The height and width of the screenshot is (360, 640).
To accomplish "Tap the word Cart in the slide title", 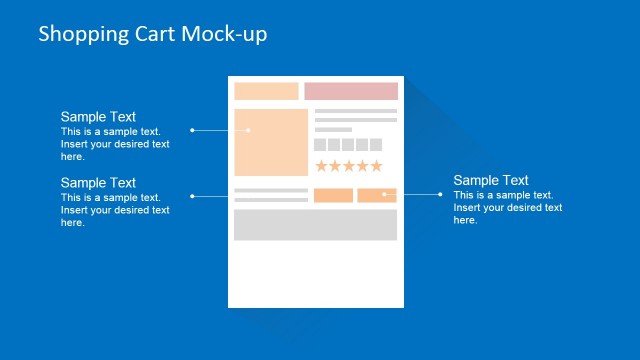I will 154,34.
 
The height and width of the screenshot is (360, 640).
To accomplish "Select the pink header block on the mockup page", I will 351,91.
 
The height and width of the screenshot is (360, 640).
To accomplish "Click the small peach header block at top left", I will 266,91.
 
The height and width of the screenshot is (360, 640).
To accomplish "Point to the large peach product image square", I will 271,143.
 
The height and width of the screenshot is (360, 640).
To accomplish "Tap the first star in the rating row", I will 321,166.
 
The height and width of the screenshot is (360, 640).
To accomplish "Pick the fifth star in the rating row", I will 376,166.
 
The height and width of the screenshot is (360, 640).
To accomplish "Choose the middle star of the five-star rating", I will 349,166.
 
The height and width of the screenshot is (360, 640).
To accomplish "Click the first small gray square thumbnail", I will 320,144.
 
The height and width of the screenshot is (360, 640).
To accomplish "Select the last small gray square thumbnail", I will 376,144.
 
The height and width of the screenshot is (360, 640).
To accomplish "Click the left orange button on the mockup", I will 333,195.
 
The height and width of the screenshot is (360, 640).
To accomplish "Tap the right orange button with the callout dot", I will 377,195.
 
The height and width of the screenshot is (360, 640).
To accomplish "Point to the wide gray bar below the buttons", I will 315,225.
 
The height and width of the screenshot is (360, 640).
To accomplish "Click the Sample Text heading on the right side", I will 491,181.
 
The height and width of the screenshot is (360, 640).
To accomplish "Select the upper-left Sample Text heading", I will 98,117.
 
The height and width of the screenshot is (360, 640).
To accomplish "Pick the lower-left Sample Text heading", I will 98,183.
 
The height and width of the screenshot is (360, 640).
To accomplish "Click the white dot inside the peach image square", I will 249,130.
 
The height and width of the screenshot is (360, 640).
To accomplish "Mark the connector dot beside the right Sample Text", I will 441,194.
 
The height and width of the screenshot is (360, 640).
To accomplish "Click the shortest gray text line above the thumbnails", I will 333,130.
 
